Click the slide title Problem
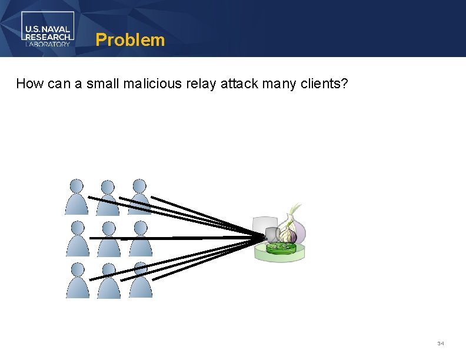click(x=130, y=40)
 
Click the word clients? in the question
click(x=321, y=84)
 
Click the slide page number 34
click(x=441, y=343)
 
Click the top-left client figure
click(x=76, y=197)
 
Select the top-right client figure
click(x=139, y=197)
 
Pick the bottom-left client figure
click(x=78, y=281)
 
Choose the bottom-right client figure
click(x=140, y=281)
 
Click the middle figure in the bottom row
click(x=109, y=281)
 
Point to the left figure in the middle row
click(x=78, y=239)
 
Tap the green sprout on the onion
click(x=292, y=211)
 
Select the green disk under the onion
click(x=280, y=249)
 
